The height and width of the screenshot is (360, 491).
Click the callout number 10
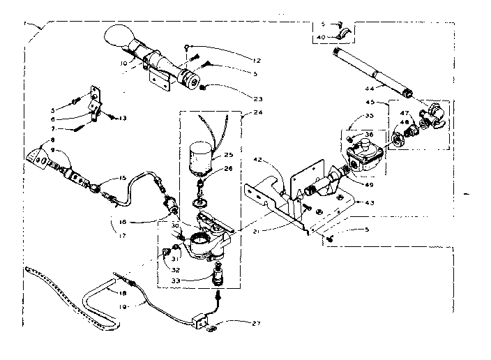pos(124,63)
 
